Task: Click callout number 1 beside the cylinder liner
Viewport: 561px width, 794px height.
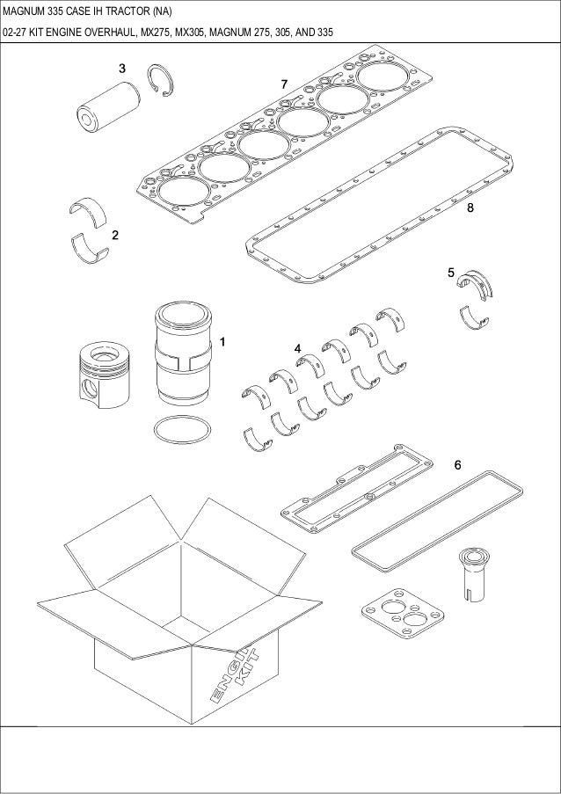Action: pos(223,340)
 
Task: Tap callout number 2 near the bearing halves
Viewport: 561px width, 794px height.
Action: pos(115,236)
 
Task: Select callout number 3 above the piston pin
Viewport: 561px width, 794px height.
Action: pos(122,68)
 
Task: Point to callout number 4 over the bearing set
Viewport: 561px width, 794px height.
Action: pos(298,349)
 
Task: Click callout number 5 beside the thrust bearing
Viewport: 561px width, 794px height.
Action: pos(451,273)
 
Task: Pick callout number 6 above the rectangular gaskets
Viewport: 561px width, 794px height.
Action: pos(457,463)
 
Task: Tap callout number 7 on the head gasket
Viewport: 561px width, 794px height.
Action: pos(284,83)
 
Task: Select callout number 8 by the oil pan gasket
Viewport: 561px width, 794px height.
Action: pos(471,208)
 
